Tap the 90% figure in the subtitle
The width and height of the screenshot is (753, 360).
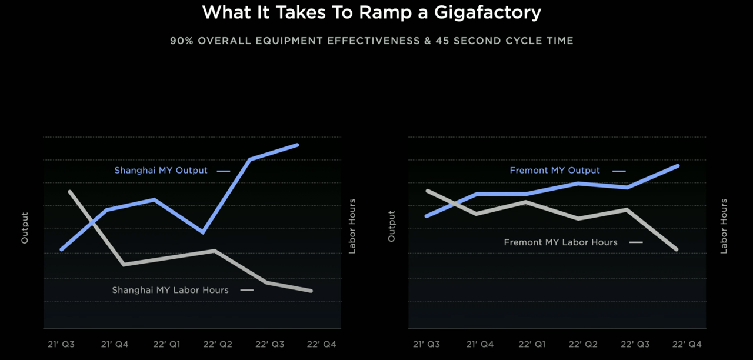(180, 41)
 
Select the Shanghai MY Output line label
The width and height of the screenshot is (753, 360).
(161, 171)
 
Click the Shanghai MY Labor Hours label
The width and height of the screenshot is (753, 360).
(170, 290)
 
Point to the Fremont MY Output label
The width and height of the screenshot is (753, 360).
(555, 171)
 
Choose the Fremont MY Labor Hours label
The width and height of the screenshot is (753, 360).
(561, 242)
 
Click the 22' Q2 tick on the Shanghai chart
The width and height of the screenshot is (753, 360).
(218, 344)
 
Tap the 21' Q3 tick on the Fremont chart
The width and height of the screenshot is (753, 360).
(427, 344)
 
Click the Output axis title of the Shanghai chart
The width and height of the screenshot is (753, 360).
(25, 228)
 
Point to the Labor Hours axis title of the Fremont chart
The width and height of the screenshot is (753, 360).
(724, 226)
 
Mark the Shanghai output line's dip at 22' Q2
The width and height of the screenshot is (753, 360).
(203, 232)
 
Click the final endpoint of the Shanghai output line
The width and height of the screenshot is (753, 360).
(298, 145)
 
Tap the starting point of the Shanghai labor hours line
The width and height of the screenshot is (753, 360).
(69, 192)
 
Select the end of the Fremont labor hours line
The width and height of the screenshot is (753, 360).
(677, 249)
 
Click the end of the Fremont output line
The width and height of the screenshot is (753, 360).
(678, 166)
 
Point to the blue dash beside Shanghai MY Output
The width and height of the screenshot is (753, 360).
(223, 171)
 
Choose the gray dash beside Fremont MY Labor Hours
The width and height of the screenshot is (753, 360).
(636, 242)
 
